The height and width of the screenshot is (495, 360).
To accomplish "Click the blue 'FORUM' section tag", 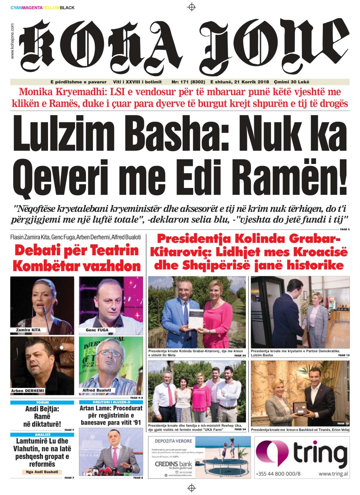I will (x=43, y=403).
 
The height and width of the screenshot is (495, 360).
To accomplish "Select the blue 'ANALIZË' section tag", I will (x=43, y=435).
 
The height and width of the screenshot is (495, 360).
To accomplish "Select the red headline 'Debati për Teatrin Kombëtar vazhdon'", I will (x=76, y=258).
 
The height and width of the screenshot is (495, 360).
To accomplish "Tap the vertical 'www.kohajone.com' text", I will (x=12, y=41).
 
